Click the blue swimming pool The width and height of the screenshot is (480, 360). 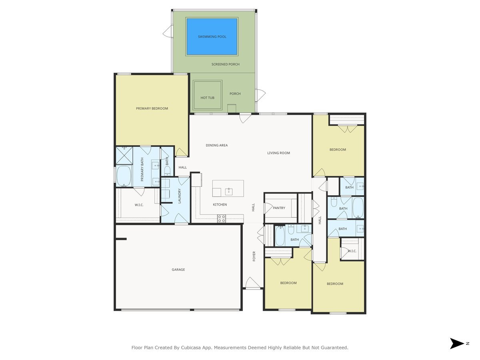pos(212,36)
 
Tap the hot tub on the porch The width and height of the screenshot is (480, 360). pos(207,95)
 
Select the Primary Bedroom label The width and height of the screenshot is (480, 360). pos(152,108)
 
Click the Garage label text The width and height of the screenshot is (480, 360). pos(178,270)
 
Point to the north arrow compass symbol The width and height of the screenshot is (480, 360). pos(456,343)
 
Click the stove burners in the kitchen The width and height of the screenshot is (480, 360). pos(221,218)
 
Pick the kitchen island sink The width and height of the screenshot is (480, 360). pos(229,191)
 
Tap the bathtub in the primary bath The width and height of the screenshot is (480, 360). pos(124,176)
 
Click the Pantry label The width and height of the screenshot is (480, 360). pos(279,208)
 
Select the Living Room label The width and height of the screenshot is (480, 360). pos(278,153)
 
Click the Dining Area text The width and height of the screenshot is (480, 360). pos(217,145)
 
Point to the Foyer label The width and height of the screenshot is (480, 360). pos(254,256)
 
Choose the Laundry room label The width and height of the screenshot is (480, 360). pos(180,196)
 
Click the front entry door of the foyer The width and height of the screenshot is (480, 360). pos(253,284)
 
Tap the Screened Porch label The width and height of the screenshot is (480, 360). pos(226,64)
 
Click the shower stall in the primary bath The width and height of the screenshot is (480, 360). pos(124,155)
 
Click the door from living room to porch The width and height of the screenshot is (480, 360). pos(245,118)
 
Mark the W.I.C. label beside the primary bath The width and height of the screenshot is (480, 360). pos(139,205)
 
